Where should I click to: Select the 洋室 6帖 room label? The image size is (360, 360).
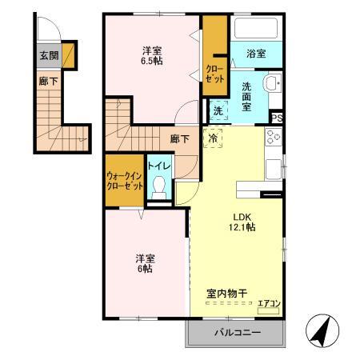click(145, 263)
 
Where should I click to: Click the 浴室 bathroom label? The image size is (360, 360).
click(257, 53)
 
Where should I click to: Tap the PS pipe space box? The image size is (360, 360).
click(277, 118)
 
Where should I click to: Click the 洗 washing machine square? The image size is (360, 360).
click(217, 112)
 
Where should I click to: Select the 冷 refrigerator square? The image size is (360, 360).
click(214, 138)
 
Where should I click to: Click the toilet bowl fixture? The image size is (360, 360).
click(158, 187)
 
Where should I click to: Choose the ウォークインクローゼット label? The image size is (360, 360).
click(125, 180)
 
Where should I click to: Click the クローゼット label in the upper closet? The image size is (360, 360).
click(214, 74)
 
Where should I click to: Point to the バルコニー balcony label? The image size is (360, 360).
click(237, 332)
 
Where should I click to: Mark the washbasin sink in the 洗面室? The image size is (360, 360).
click(270, 82)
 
